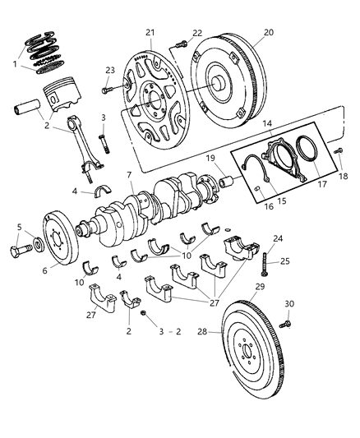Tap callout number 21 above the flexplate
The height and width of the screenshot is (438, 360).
150,32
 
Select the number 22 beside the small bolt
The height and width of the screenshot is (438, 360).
196,33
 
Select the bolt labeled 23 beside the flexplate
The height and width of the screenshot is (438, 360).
111,88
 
